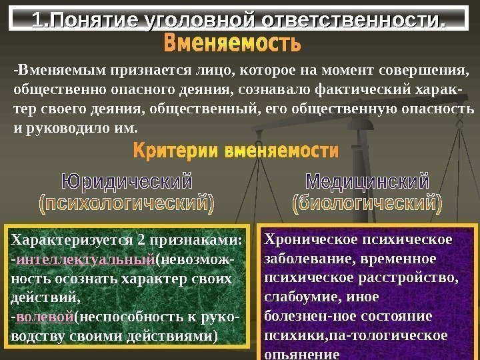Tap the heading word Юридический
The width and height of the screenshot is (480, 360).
click(x=127, y=181)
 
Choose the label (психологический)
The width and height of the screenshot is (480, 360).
click(x=127, y=203)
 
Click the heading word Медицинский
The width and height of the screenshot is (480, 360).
click(x=367, y=181)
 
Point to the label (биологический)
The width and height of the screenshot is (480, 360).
click(x=367, y=203)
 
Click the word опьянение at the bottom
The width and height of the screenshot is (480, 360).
click(x=302, y=355)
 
